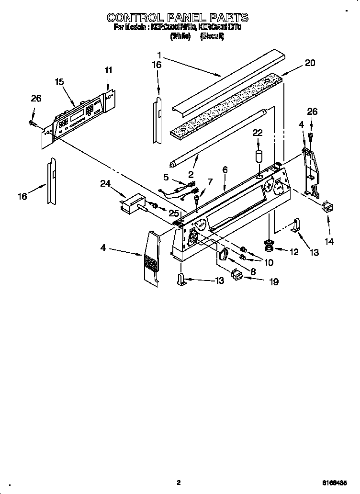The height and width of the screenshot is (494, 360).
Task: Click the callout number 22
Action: point(258,132)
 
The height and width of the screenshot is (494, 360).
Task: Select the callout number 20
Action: point(310,63)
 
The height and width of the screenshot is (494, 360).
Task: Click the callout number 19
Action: point(273,282)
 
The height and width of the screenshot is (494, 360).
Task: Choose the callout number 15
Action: point(59,82)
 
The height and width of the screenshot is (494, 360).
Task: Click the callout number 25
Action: point(174,213)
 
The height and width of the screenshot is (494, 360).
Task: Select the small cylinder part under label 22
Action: point(258,157)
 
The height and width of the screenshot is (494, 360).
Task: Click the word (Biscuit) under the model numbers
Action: point(212,35)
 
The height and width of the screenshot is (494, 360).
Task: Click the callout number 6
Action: point(225,169)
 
